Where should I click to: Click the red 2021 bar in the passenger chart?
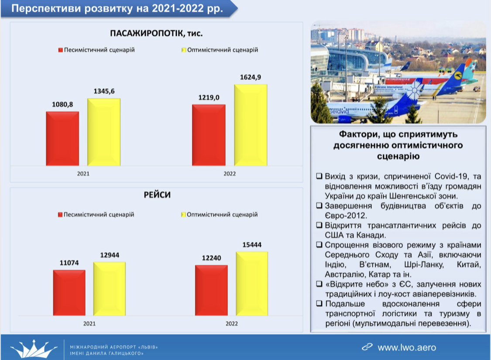62,139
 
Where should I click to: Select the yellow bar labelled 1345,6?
104,132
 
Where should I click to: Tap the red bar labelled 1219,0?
209,135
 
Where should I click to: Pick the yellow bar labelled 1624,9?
250,125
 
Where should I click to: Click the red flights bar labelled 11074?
69,292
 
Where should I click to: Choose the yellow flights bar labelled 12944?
109,288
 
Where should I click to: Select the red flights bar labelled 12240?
211,290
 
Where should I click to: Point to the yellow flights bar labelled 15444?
252,283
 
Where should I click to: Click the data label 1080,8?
62,105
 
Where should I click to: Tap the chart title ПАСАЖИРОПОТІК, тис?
157,34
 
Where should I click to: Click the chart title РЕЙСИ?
157,195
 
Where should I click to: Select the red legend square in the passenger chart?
61,50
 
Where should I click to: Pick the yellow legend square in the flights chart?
183,215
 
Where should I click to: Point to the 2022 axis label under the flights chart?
232,323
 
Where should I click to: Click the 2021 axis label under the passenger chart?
83,174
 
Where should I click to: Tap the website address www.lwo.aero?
406,347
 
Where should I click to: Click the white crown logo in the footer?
34,348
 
